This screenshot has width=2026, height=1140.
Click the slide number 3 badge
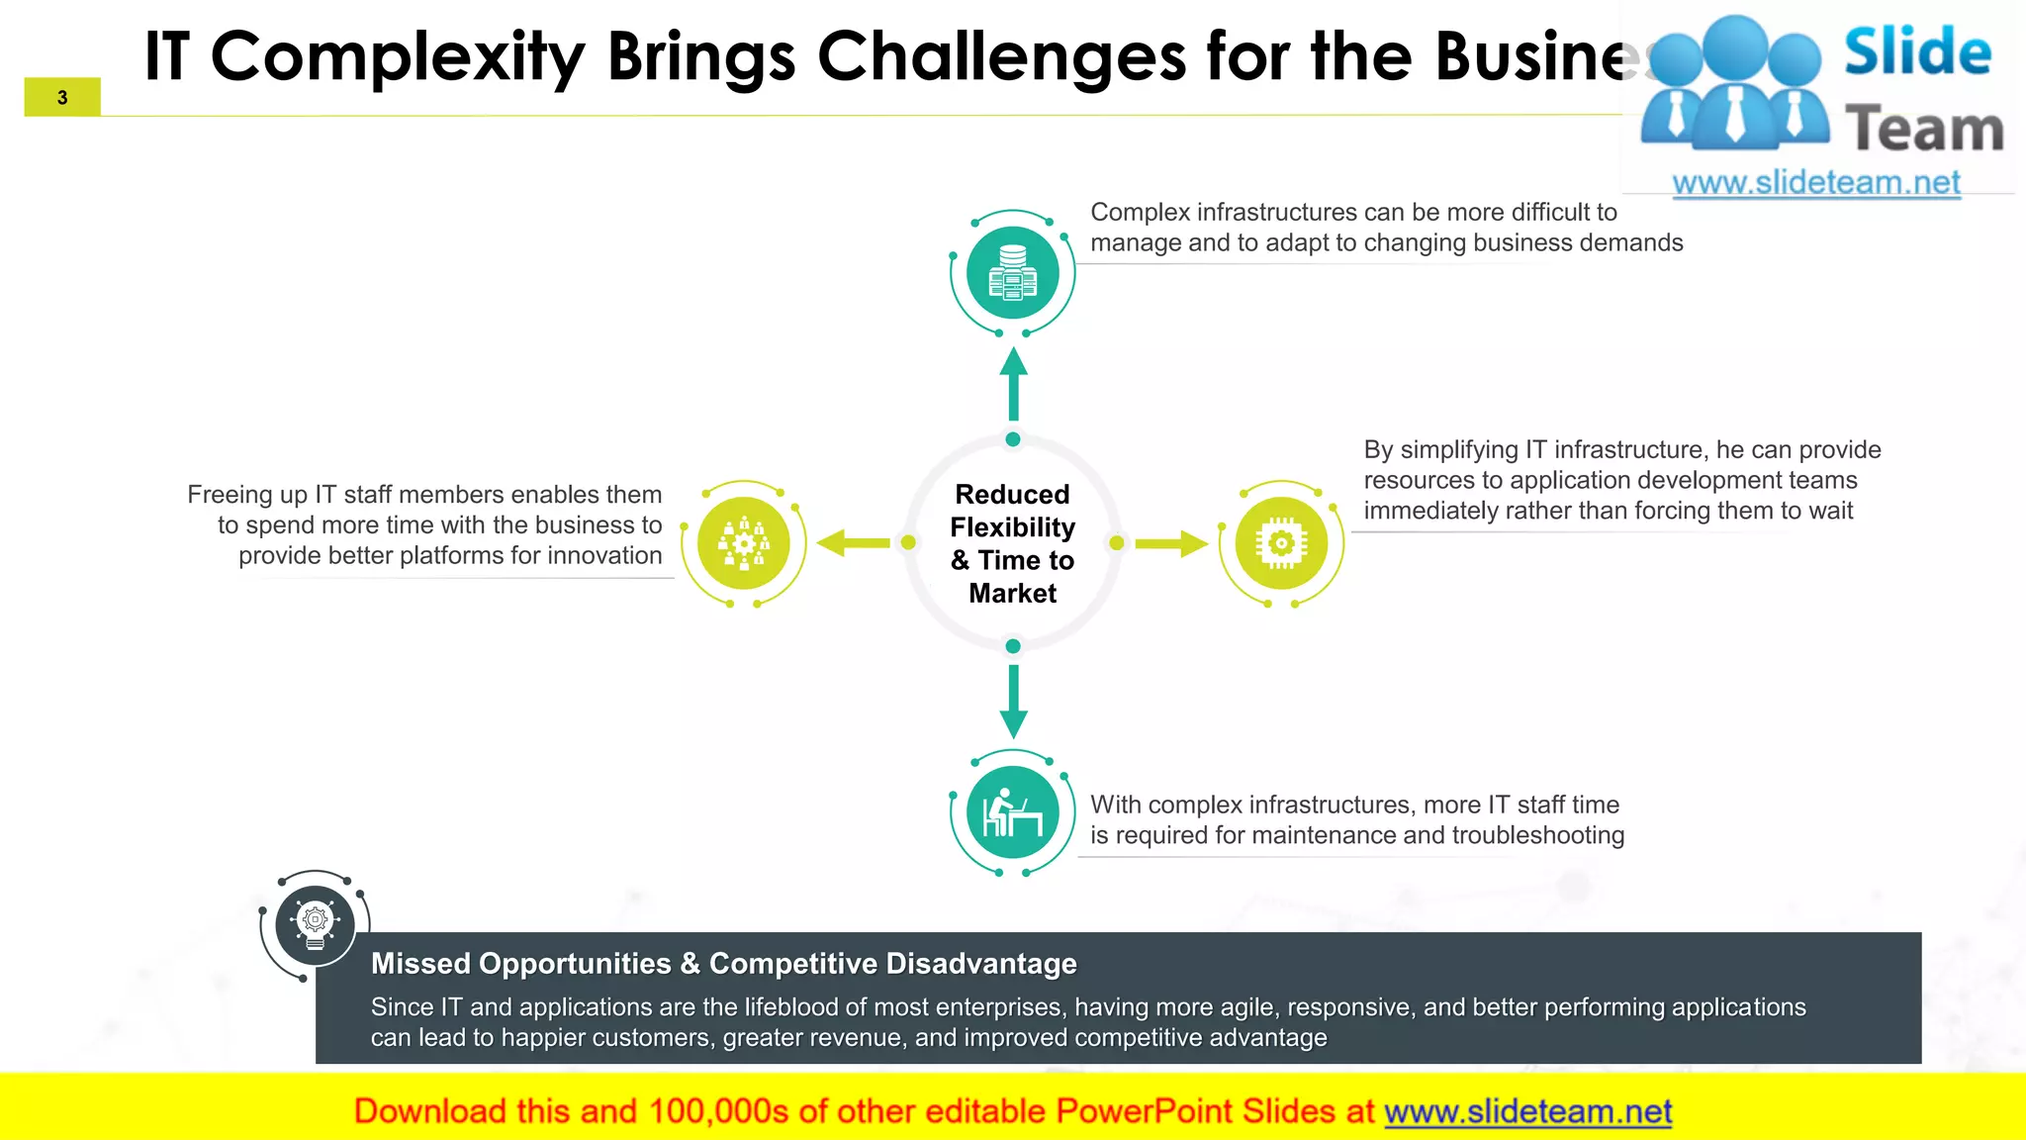[x=62, y=97]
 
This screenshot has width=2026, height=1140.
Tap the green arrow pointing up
[x=1013, y=384]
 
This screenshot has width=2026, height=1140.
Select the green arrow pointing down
[x=1013, y=702]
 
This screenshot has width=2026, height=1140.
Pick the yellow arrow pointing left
[x=853, y=542]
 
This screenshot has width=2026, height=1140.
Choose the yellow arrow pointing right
[x=1172, y=543]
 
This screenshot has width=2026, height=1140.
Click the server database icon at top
[x=1013, y=272]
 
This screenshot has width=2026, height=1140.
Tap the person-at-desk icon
[x=1013, y=813]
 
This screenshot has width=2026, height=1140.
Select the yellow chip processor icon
[x=1281, y=542]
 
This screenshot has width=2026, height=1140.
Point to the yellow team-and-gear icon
[x=744, y=542]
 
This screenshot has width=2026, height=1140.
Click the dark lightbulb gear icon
[x=315, y=924]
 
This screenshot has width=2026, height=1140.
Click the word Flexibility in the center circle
[x=1013, y=527]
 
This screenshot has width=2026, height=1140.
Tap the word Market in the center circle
[x=1013, y=594]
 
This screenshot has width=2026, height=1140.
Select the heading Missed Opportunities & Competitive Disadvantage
[x=723, y=963]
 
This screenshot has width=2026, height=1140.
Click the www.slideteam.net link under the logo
[x=1816, y=183]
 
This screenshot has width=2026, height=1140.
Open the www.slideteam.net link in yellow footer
[x=1527, y=1111]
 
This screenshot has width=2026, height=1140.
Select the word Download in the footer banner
[x=430, y=1111]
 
